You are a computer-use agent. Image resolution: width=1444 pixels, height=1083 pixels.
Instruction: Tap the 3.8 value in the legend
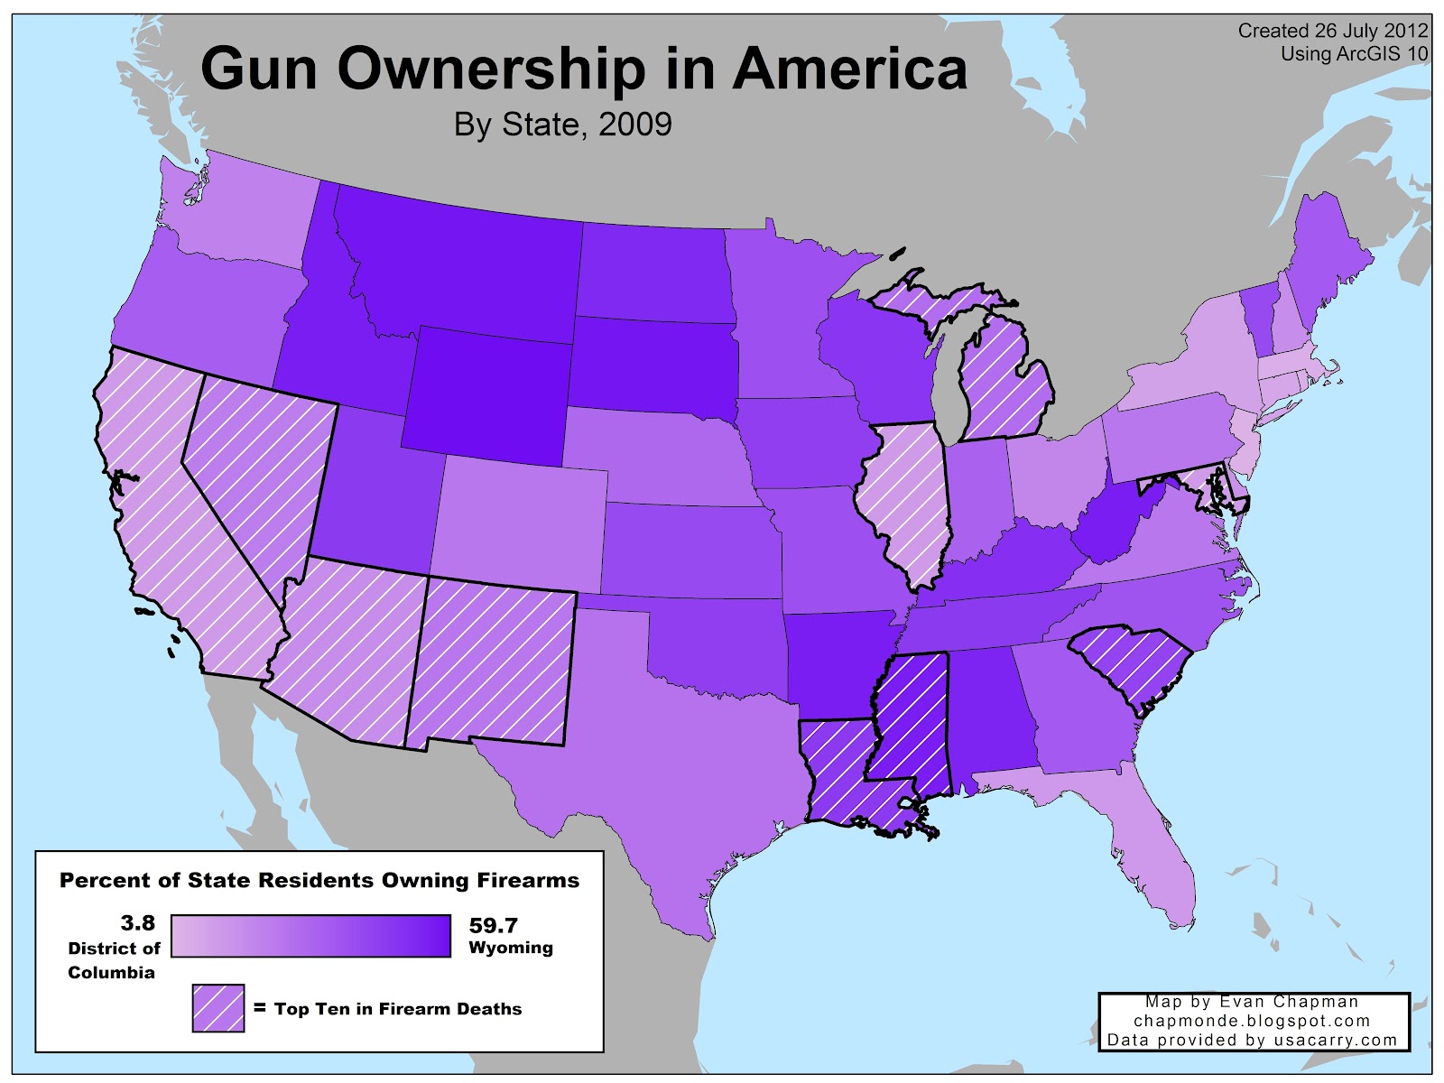[137, 923]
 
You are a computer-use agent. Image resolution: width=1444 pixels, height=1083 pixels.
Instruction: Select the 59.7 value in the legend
[494, 925]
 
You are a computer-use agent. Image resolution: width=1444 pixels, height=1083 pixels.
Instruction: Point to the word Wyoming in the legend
[511, 948]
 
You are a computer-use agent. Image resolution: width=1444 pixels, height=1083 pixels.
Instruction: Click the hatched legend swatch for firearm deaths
[218, 1008]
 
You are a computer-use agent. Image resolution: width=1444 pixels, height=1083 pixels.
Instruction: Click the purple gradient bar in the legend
[310, 936]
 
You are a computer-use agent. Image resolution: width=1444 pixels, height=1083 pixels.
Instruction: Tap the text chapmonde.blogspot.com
[1252, 1021]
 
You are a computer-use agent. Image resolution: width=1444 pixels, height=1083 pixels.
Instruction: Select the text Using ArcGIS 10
[1354, 54]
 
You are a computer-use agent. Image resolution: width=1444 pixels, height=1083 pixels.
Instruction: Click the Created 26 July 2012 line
[1333, 31]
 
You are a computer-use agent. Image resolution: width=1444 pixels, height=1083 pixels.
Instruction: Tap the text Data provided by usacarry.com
[1252, 1040]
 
